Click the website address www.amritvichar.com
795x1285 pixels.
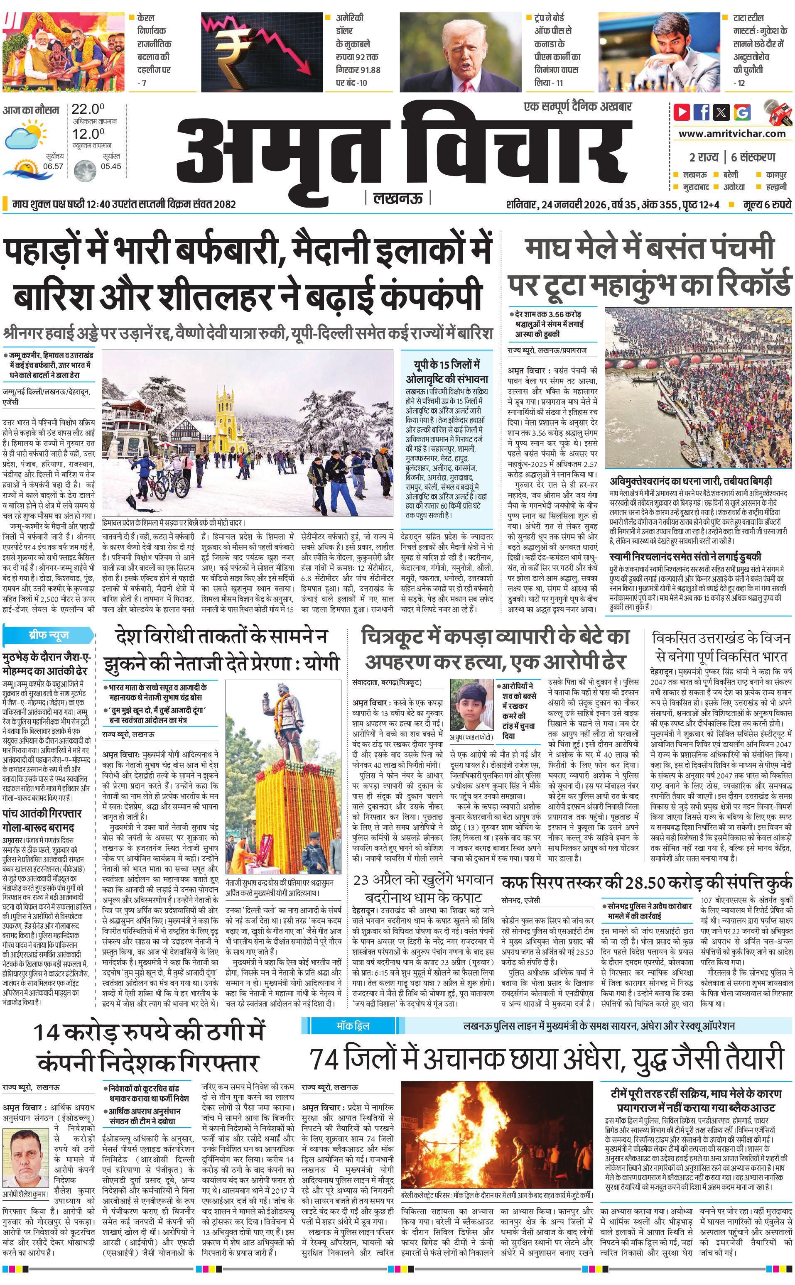point(732,134)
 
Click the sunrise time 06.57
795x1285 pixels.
point(53,166)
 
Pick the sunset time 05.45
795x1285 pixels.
point(111,166)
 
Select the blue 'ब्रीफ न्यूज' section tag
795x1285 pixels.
point(49,635)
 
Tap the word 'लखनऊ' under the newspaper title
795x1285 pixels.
point(397,198)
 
